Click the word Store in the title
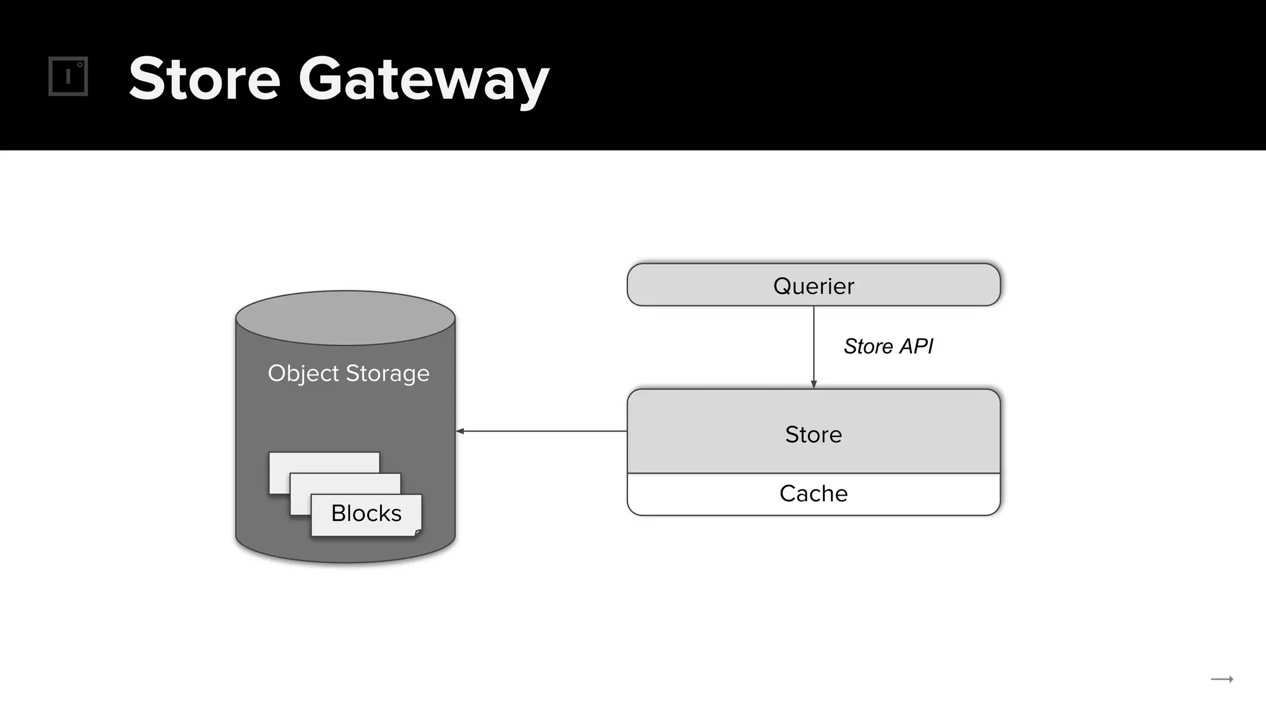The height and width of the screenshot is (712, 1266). point(205,78)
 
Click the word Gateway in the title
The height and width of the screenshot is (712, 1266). point(424,81)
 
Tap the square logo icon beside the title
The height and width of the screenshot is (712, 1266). point(68,77)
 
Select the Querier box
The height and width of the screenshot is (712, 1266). point(814,285)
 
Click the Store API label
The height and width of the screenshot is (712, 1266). point(888,346)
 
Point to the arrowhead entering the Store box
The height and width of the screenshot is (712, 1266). point(814,384)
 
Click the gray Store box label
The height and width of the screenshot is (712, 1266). point(814,434)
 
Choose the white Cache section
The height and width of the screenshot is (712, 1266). point(814,494)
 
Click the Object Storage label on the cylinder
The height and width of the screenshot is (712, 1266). point(349,374)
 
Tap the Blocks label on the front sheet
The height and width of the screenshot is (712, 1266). point(367,514)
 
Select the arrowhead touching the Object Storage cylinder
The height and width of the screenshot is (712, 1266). point(460,431)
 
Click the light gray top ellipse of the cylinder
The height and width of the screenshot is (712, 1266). point(346,318)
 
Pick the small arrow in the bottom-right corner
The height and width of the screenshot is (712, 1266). point(1222,679)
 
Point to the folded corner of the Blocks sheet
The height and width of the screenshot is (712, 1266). point(418,533)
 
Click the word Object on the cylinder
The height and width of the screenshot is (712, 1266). point(304,374)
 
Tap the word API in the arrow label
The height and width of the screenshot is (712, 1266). point(916,346)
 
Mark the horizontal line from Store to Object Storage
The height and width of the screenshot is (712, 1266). point(542,431)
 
